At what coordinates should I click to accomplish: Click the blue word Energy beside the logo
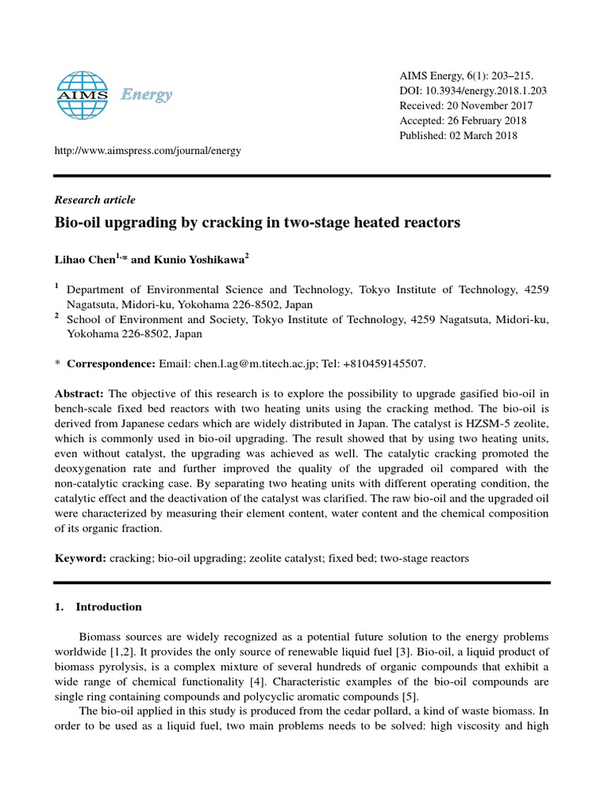coord(146,95)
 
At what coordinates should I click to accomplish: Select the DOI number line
coord(473,90)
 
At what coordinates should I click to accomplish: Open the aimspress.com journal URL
coord(147,150)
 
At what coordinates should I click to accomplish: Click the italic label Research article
coord(94,200)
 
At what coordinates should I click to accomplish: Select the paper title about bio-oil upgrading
coord(256,222)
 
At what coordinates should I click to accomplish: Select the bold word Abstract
coord(79,393)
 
